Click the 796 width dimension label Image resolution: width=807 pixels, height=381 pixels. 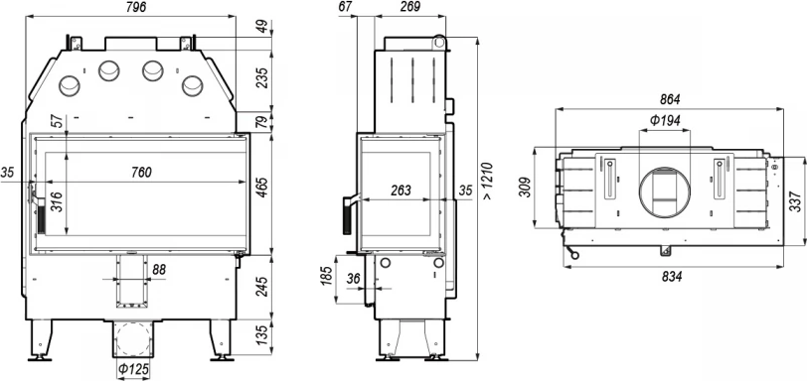pos(135,7)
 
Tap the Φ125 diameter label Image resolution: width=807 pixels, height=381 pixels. pos(133,369)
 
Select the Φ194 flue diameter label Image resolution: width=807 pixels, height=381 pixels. pos(665,121)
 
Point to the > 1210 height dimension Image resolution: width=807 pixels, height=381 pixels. pos(487,182)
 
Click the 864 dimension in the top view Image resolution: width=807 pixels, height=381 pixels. pos(670,99)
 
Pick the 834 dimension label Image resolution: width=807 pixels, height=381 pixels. pos(672,277)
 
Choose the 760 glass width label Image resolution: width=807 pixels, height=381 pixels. pos(140,173)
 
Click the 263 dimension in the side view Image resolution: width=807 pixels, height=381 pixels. pos(401,190)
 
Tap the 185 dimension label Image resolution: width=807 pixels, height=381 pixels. pos(326,275)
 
